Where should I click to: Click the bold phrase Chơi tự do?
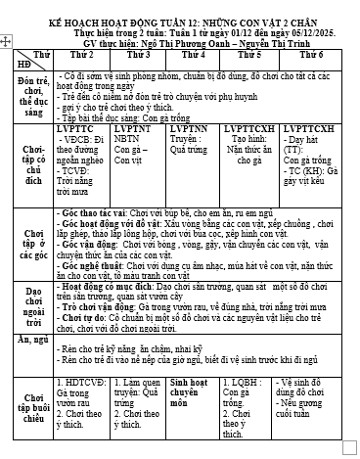click(x=108, y=319)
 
